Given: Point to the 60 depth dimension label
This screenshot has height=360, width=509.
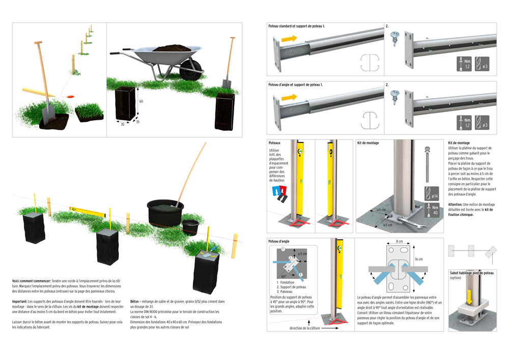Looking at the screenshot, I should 141,101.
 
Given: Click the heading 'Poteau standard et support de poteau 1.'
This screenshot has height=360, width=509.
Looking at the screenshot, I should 296,25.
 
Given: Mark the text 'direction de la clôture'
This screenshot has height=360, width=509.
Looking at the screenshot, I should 305,328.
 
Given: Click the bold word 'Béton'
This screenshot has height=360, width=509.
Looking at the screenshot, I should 135,301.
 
